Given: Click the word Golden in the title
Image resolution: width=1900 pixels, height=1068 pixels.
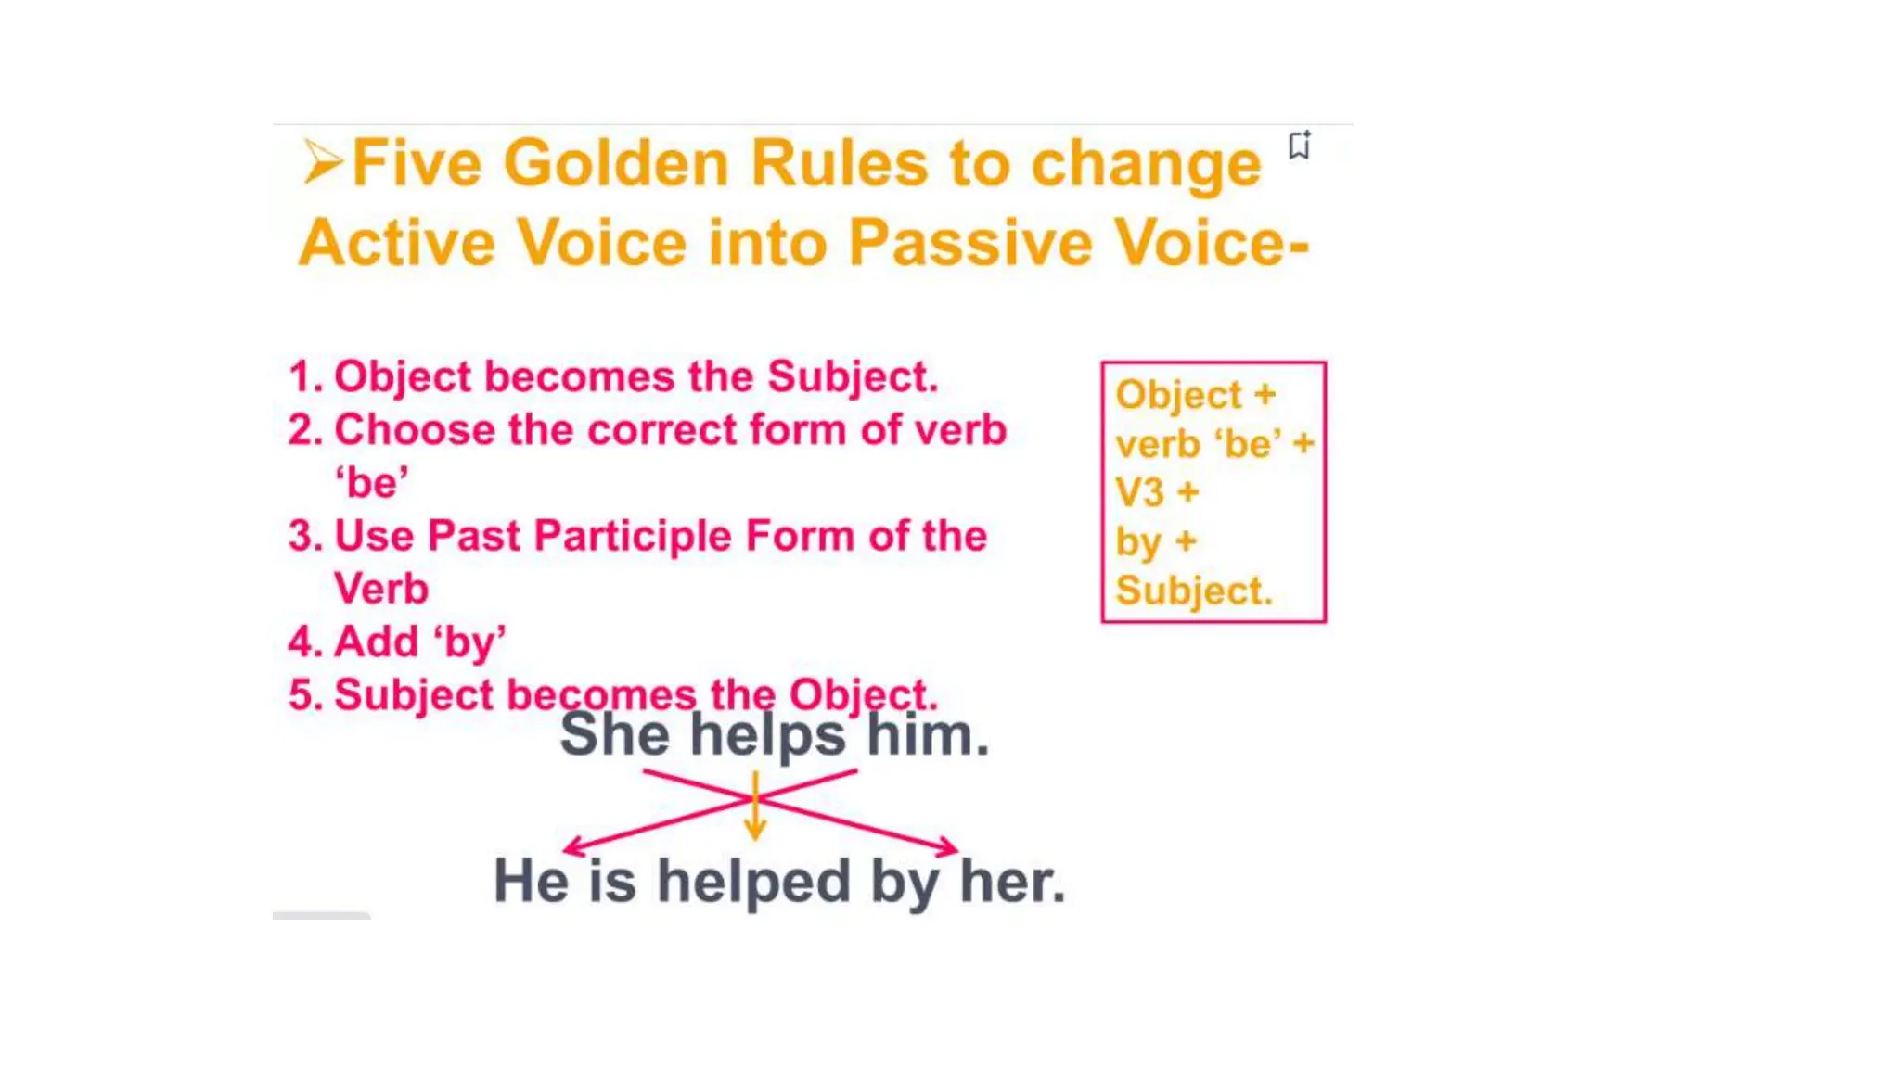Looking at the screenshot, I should [x=618, y=165].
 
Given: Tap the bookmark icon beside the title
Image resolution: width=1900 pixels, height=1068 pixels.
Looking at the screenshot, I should [x=1299, y=146].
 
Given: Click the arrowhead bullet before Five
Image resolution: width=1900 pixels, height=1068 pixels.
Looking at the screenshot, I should [x=321, y=163].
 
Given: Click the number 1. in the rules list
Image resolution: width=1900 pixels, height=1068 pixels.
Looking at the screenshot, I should [x=305, y=377].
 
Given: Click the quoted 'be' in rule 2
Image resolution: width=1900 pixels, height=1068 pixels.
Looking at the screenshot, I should [x=371, y=483].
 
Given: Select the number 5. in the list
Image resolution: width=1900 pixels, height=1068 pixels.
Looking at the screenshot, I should [x=305, y=695].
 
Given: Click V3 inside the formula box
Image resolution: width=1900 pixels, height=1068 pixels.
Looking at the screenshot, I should [x=1139, y=493].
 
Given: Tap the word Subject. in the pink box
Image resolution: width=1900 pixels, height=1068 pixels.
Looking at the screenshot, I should [x=1193, y=591].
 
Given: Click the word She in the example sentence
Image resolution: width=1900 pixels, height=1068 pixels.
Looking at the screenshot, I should [x=614, y=735].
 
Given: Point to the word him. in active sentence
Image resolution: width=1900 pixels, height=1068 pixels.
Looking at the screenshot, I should [x=928, y=735].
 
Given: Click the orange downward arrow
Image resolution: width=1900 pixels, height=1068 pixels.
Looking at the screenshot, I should [x=755, y=807].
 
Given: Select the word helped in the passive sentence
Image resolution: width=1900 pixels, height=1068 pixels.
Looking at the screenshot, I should [x=753, y=881].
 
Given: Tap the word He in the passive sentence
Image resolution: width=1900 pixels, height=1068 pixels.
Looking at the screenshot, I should [x=530, y=881].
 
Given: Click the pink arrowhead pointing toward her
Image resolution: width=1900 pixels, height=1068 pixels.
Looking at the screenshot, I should [x=948, y=845].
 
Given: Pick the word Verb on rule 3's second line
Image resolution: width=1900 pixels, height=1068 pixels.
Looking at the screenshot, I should [x=380, y=590].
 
